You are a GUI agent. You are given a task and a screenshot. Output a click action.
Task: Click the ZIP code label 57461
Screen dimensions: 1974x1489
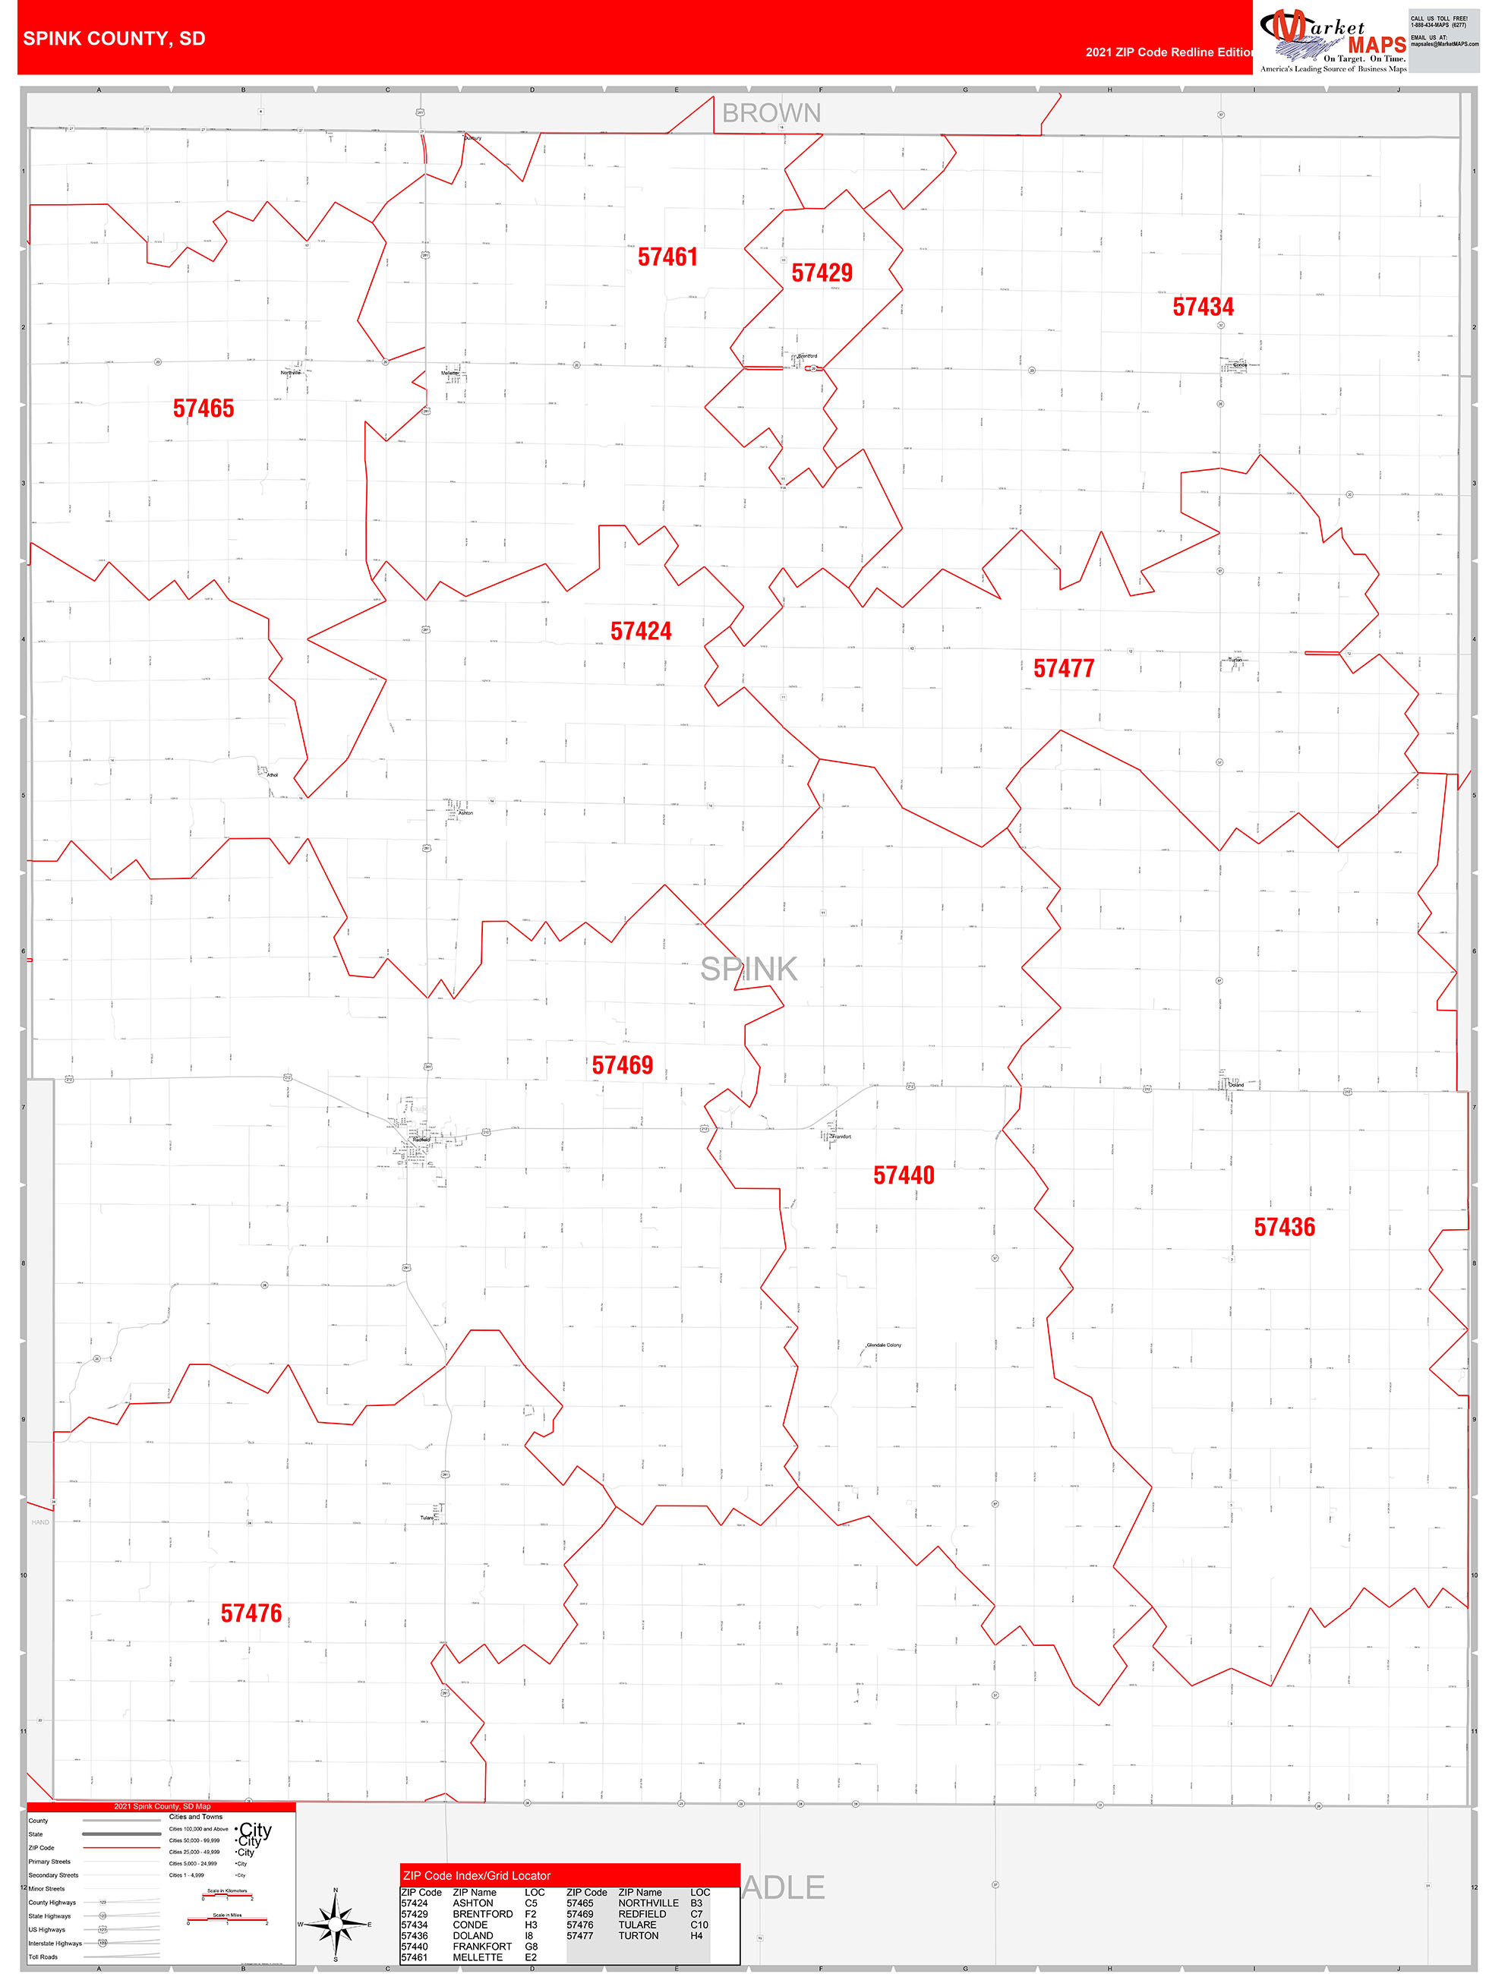point(667,257)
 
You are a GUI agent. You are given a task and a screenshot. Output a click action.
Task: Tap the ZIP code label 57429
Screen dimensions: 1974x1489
point(822,273)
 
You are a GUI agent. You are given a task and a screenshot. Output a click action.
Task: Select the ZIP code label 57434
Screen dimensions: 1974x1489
point(1203,307)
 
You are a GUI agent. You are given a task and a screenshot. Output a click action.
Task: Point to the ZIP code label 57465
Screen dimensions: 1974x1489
point(203,408)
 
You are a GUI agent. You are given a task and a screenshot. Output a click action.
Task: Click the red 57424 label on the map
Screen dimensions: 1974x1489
point(641,632)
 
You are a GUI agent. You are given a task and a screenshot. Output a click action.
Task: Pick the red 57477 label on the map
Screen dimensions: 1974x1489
point(1063,668)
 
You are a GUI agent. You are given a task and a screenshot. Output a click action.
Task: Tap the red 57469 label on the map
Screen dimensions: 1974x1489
point(622,1065)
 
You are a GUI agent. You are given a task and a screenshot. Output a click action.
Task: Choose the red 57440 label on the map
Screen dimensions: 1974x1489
point(904,1175)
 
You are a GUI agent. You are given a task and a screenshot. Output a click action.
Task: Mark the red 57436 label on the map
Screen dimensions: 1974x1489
point(1284,1227)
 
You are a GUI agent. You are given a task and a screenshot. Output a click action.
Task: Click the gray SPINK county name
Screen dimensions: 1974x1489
point(748,969)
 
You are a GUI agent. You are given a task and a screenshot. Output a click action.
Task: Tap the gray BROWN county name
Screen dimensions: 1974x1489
point(771,113)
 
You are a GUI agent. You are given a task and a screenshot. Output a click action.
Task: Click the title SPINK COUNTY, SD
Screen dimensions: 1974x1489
point(114,39)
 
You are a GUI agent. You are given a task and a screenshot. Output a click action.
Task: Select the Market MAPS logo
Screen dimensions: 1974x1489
point(1332,40)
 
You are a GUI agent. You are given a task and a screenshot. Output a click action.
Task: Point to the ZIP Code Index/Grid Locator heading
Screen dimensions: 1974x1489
point(477,1876)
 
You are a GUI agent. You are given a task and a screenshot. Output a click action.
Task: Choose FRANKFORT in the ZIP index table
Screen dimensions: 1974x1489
point(482,1947)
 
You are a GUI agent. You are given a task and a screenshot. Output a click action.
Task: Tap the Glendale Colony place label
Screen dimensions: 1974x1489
point(884,1345)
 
